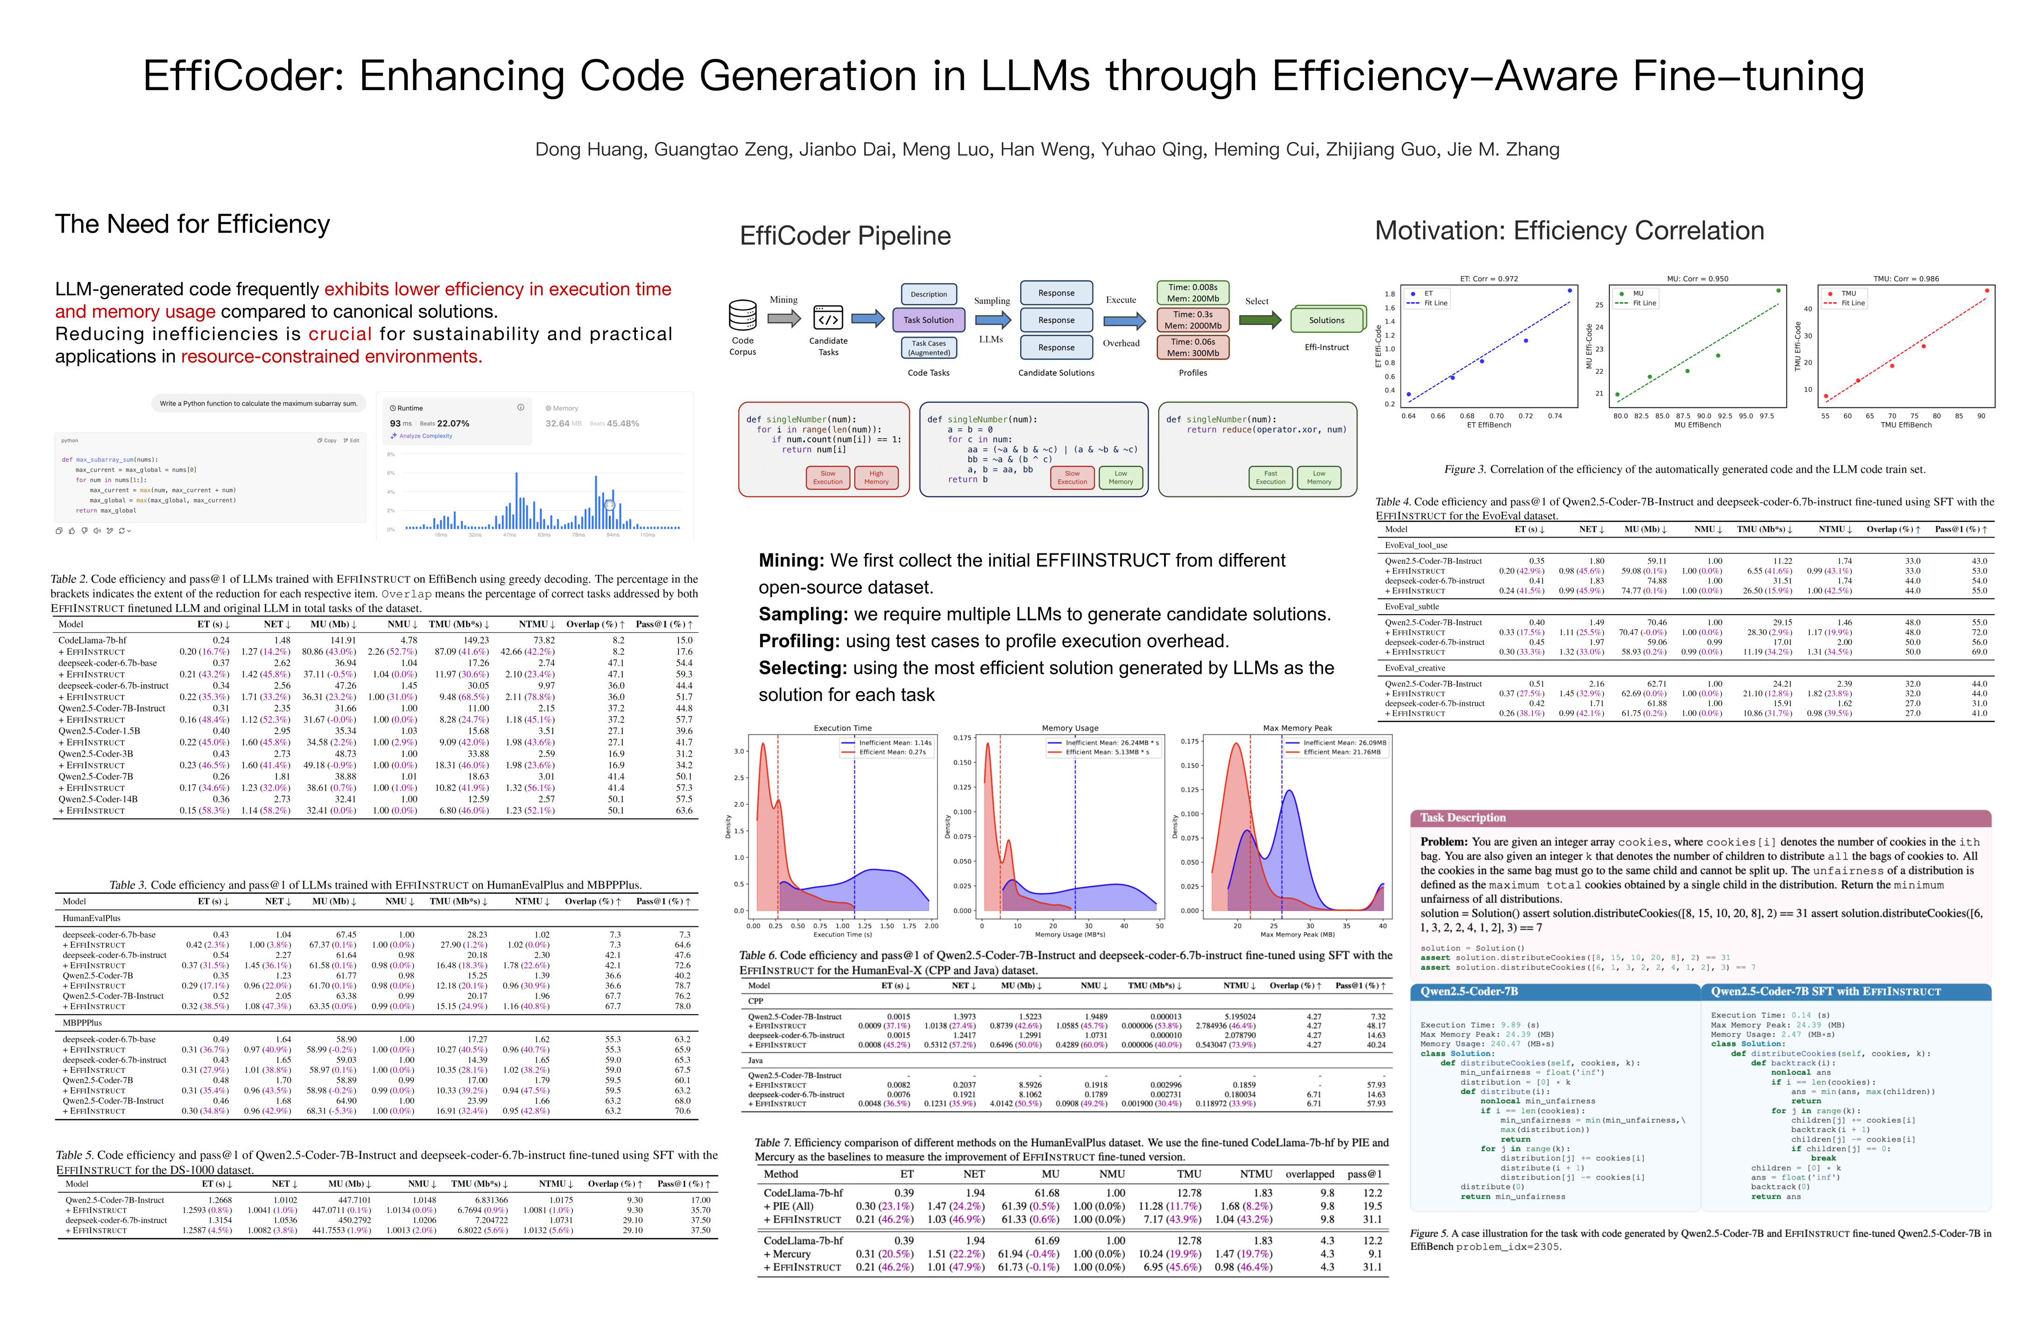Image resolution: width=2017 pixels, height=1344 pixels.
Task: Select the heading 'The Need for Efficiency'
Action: (192, 224)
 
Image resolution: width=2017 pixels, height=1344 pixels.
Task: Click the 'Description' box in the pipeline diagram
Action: (929, 294)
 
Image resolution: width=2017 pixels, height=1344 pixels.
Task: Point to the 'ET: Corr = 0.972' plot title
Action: (1489, 279)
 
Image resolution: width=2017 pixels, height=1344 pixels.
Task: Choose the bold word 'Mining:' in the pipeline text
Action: (790, 560)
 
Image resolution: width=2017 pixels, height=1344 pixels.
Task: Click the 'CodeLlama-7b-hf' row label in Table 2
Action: (92, 640)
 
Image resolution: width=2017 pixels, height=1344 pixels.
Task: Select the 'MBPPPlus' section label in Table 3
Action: (82, 1022)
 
